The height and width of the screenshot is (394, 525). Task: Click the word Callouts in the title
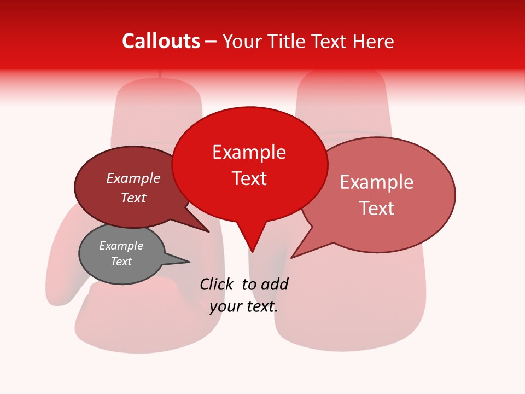pos(161,41)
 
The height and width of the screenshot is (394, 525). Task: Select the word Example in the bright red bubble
pos(249,152)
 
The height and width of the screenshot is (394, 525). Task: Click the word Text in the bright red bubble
pos(249,178)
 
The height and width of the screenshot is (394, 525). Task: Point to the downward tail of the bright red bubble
pos(252,241)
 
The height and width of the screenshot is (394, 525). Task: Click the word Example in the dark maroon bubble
pos(133,178)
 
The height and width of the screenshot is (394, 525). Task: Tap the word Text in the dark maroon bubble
pos(133,198)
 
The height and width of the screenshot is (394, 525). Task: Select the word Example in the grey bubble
pos(121,246)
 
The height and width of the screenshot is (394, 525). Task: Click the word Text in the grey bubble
pos(121,262)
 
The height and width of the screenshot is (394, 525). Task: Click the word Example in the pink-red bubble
pos(376,182)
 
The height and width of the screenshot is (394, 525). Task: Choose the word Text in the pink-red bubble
pos(376,208)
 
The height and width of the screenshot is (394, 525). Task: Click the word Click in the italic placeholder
pos(217,284)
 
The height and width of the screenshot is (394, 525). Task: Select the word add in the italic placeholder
pos(275,284)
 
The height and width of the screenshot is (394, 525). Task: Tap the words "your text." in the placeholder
pos(243,306)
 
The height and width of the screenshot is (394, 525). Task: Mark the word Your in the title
pos(242,41)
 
